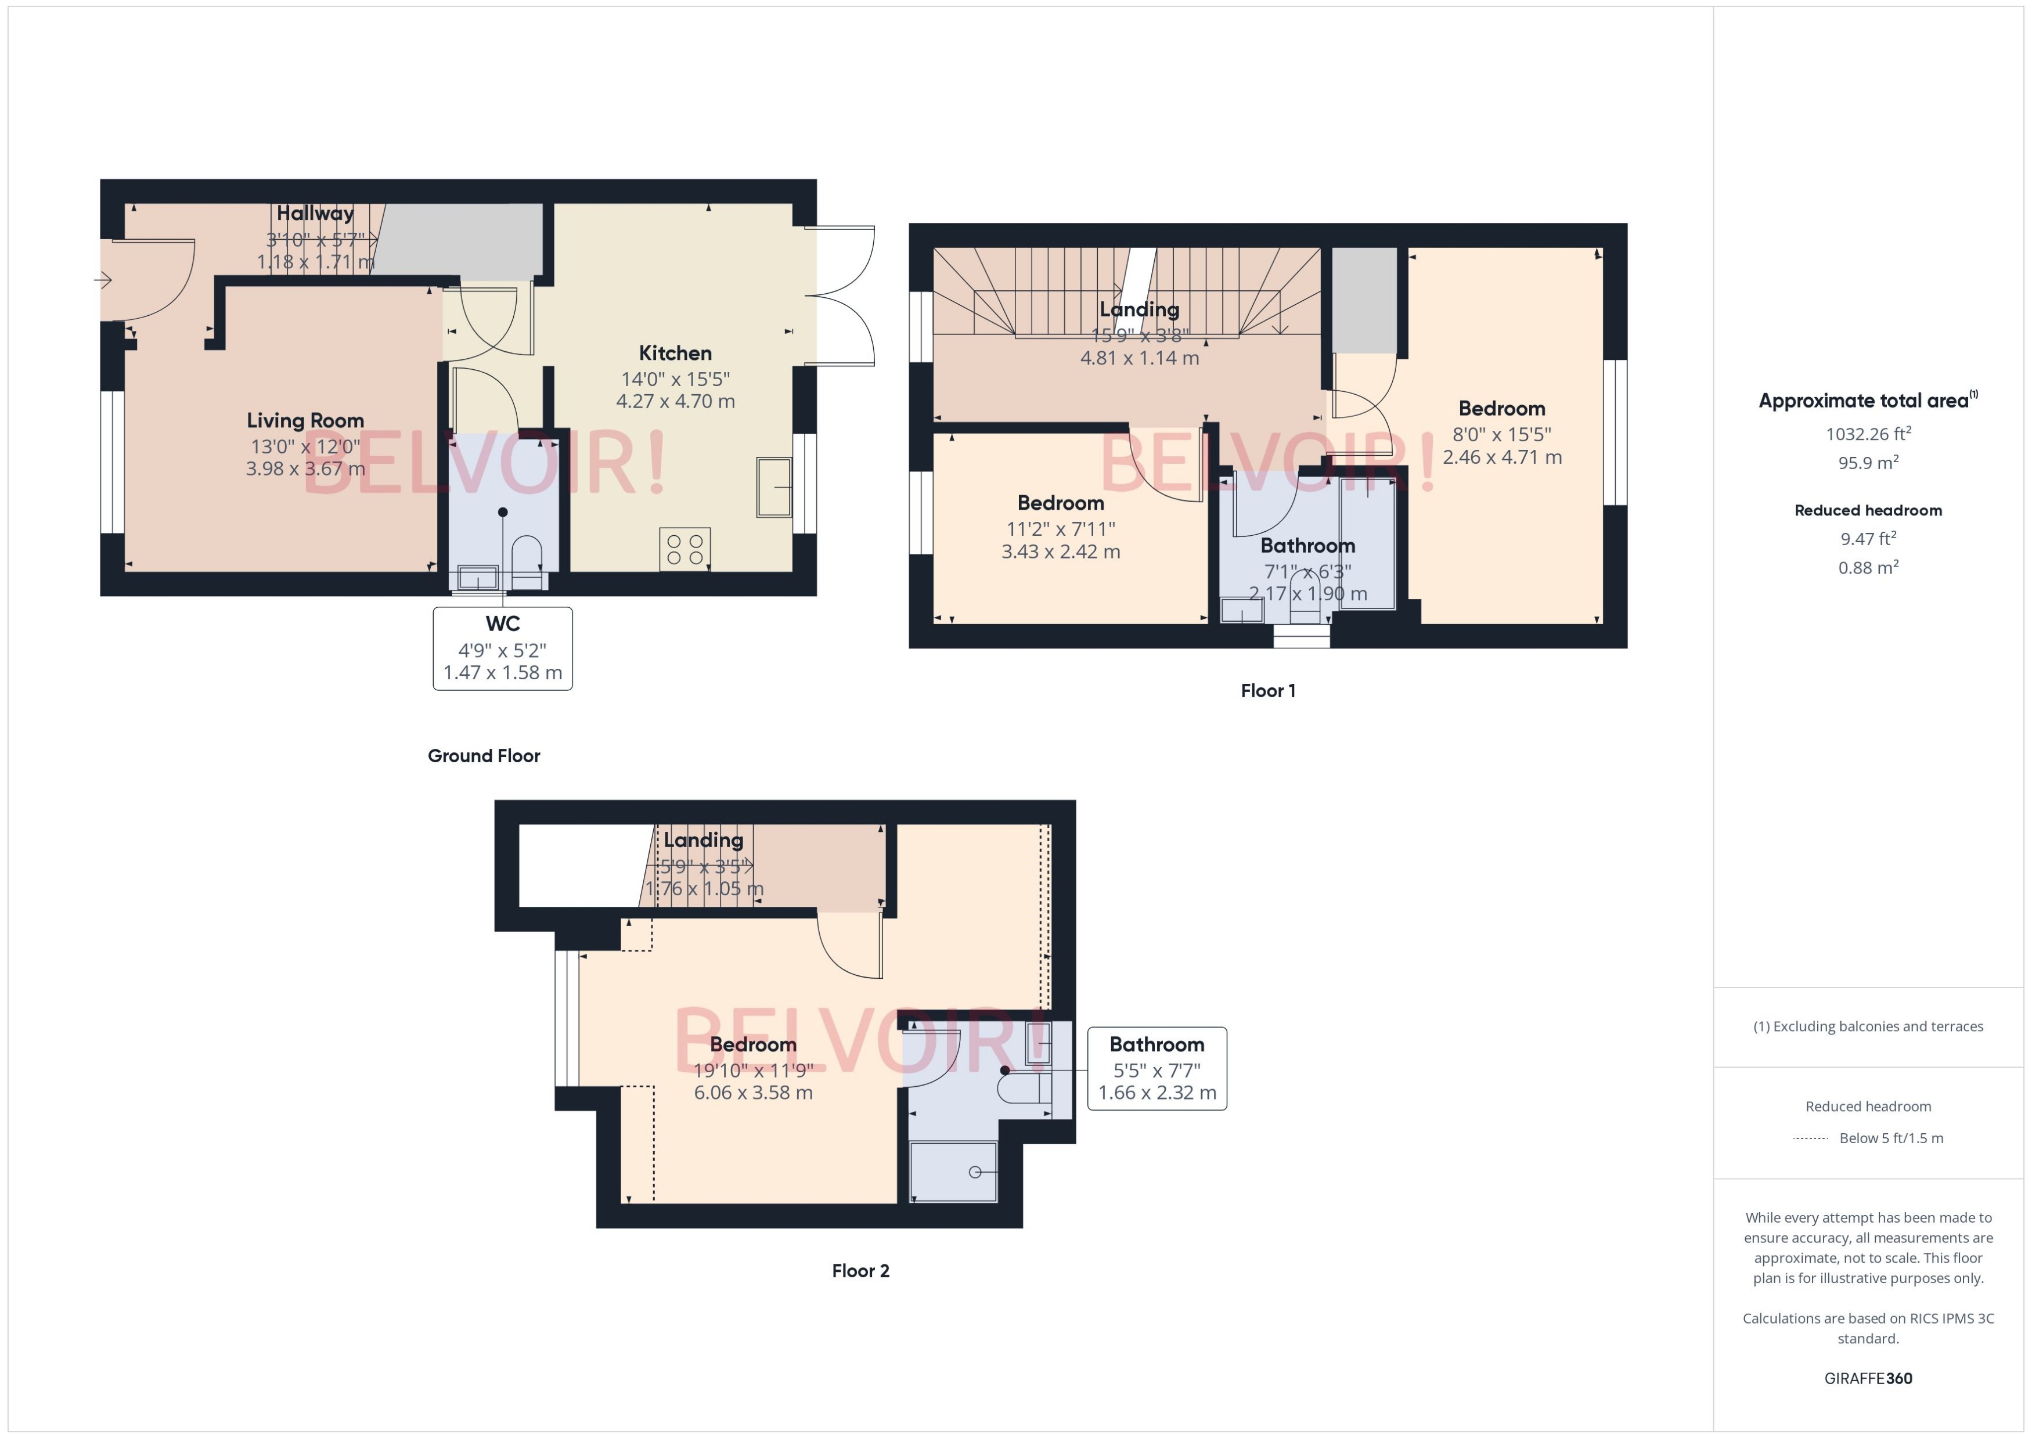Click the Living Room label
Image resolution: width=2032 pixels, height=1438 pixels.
point(305,420)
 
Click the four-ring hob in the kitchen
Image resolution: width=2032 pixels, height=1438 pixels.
point(684,549)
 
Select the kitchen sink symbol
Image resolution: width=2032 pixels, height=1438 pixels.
point(773,487)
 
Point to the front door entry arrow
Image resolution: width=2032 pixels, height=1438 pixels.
point(103,281)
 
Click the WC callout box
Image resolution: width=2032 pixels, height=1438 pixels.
point(502,648)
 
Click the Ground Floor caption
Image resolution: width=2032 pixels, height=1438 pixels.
point(484,755)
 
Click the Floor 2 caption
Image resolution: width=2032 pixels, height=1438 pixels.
point(860,1271)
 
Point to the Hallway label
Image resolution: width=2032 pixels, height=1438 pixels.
point(315,214)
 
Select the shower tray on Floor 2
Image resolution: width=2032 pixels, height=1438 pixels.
point(953,1172)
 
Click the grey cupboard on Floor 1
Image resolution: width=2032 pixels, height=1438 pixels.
point(1364,301)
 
